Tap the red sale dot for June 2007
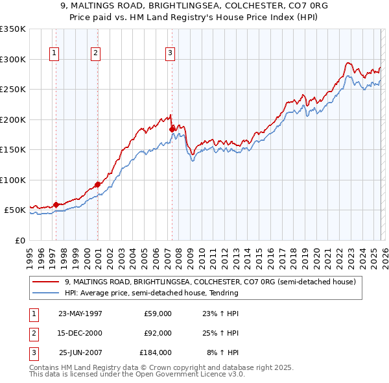click(172, 129)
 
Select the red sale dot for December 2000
click(97, 184)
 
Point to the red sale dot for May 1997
click(56, 204)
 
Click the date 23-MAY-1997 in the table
click(80, 314)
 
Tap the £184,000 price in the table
click(156, 352)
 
